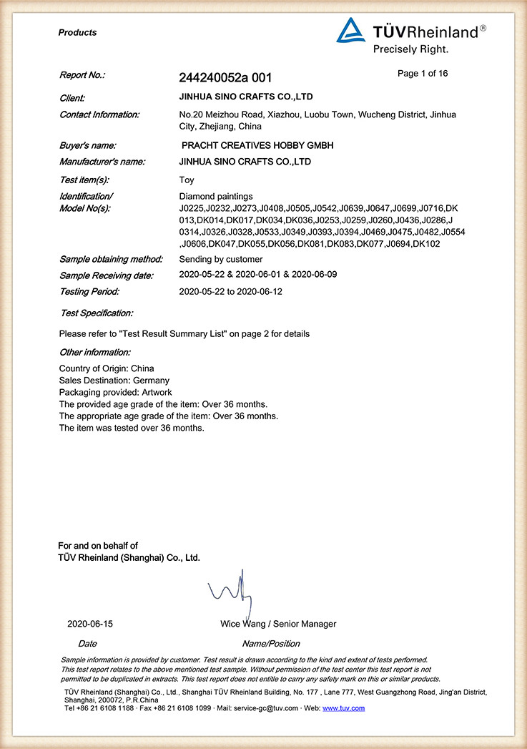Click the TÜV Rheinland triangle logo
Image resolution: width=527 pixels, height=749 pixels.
click(351, 31)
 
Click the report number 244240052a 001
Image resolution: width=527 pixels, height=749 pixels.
click(225, 78)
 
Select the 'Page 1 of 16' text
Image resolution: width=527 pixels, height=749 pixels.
click(423, 74)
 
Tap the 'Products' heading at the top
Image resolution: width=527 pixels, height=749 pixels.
click(77, 33)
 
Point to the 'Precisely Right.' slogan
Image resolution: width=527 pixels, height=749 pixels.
click(410, 49)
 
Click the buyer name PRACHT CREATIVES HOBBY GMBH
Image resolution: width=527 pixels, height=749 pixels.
click(258, 145)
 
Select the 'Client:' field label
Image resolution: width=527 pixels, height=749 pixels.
click(72, 98)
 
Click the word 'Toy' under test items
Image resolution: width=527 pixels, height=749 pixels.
click(187, 180)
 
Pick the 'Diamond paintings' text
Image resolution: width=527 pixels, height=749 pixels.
click(216, 196)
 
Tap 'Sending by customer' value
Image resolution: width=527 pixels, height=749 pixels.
click(220, 259)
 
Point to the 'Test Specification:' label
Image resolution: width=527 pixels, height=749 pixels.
click(97, 313)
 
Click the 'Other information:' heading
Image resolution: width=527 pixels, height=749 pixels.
click(95, 352)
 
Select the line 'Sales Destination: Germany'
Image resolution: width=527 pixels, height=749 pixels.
click(114, 381)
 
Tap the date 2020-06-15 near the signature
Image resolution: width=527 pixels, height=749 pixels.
click(90, 624)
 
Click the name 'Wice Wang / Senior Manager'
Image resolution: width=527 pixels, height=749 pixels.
click(278, 624)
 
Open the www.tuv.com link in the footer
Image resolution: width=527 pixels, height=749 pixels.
click(344, 708)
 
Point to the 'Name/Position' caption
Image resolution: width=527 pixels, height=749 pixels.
click(271, 644)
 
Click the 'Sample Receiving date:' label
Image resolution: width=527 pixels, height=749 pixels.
click(107, 275)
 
